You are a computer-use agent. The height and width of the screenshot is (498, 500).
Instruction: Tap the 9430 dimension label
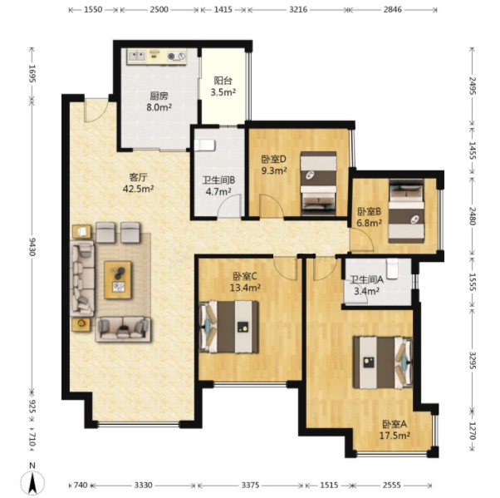click(32, 246)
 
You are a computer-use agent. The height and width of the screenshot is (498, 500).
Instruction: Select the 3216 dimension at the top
click(298, 10)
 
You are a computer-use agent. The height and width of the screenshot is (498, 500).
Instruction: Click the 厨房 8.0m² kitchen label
click(159, 101)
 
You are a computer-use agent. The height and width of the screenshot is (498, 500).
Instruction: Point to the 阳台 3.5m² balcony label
click(223, 86)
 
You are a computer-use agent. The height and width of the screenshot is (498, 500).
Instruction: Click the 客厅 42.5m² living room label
click(139, 183)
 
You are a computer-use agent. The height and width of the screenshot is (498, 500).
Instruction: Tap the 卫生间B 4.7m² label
click(218, 185)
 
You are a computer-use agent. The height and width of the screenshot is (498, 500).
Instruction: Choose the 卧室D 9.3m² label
click(274, 165)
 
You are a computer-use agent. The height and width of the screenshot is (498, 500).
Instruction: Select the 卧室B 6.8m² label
click(370, 217)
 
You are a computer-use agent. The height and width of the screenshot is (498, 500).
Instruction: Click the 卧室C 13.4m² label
click(245, 282)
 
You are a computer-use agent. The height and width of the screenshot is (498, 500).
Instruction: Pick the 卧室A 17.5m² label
click(395, 430)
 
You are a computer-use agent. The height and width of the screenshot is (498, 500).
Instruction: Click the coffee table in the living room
click(118, 280)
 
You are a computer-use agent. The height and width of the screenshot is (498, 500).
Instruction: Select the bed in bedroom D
click(319, 184)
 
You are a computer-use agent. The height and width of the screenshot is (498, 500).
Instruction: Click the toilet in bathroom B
click(204, 145)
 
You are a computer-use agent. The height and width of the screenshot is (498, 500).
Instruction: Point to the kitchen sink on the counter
click(137, 57)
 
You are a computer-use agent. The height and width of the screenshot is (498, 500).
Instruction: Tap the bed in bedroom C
click(228, 327)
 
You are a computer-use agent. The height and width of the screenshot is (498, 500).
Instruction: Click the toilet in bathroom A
click(392, 269)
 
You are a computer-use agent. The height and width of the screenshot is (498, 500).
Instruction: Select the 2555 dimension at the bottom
click(391, 486)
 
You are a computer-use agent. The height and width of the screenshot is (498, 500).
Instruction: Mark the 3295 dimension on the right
click(473, 361)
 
